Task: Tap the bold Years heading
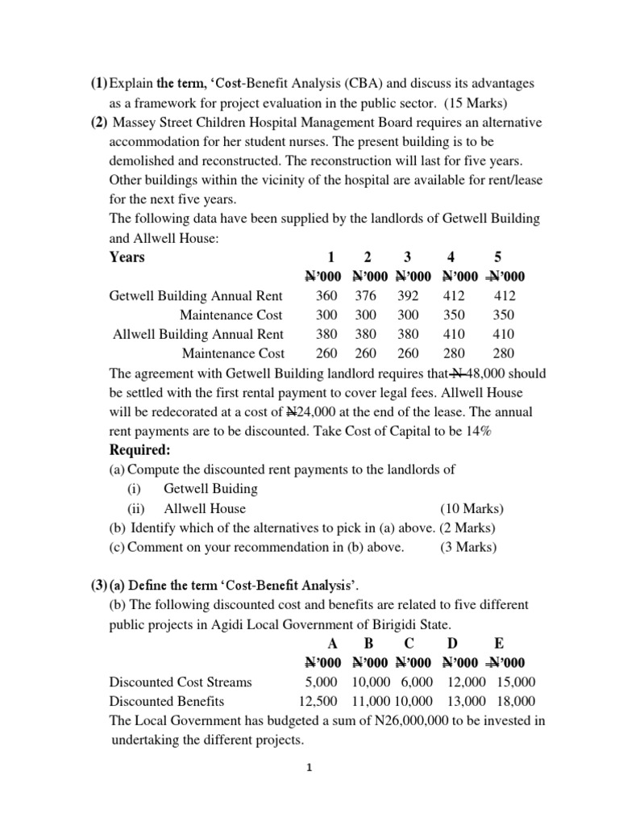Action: point(127,257)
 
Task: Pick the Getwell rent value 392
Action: point(409,296)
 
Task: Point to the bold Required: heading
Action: point(139,449)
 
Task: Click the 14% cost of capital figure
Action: point(476,431)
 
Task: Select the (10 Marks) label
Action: point(472,508)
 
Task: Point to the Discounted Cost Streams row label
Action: point(181,682)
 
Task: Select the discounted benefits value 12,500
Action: point(317,701)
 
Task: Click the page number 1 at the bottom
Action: point(309,769)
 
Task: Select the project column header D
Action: point(452,643)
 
